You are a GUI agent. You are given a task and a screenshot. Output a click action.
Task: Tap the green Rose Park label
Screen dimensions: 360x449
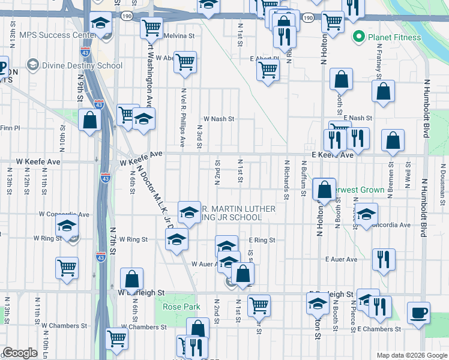tap(181, 307)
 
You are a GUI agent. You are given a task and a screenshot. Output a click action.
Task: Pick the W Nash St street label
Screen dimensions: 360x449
tap(218, 119)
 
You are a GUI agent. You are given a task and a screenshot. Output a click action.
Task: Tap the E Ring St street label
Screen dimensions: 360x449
tap(262, 240)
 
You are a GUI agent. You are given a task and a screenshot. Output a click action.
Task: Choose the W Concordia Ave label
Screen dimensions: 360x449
tap(64, 214)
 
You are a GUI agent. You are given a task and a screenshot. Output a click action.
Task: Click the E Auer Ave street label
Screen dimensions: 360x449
tap(341, 260)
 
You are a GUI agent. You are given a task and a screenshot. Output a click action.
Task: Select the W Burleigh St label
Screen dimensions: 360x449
tap(141, 292)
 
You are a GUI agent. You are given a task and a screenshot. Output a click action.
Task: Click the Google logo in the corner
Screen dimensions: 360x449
tap(20, 353)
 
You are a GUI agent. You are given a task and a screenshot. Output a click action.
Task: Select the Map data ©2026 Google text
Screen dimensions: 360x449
tap(412, 355)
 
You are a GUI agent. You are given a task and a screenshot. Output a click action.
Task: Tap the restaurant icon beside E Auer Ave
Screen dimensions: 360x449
tap(384, 259)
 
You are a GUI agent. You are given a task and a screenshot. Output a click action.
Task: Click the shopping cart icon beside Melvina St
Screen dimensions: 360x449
tap(152, 27)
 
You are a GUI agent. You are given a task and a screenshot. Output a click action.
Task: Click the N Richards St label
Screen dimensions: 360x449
tap(287, 179)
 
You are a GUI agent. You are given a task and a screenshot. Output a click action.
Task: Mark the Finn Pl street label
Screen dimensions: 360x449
tap(10, 128)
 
